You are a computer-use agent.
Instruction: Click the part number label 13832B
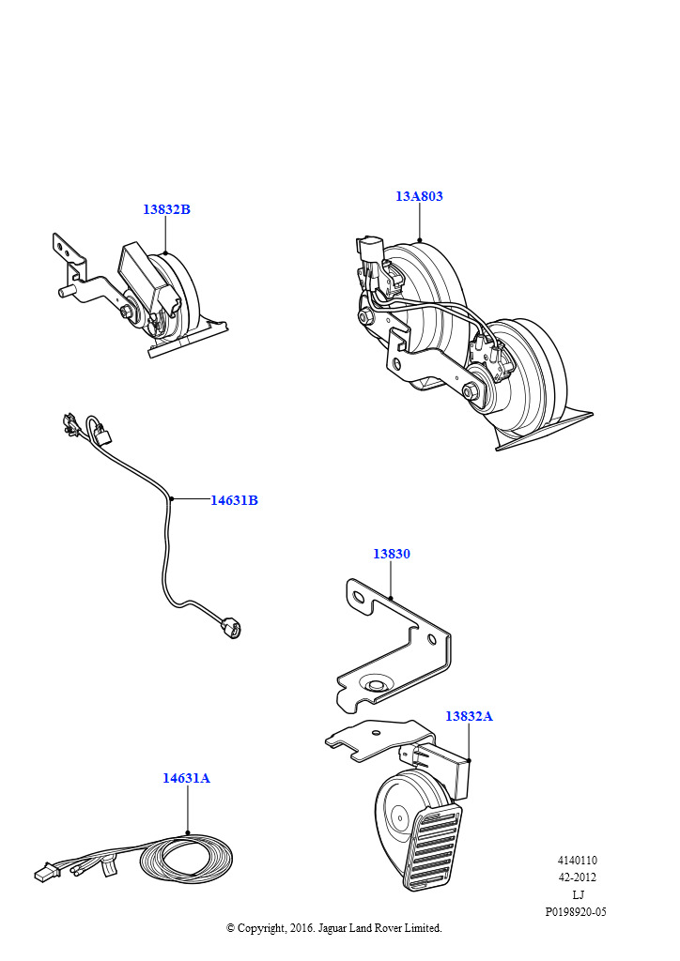[x=166, y=209]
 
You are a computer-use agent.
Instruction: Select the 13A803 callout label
[x=419, y=196]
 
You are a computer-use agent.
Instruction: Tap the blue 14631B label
[x=234, y=500]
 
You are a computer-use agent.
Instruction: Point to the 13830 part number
[x=392, y=554]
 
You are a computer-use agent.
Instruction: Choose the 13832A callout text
[x=469, y=716]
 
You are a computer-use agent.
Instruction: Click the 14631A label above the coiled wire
[x=186, y=778]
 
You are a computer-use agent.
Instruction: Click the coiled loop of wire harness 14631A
[x=186, y=858]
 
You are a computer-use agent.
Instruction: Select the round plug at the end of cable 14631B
[x=232, y=628]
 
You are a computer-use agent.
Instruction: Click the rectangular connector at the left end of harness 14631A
[x=43, y=873]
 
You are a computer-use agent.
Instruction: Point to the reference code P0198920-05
[x=576, y=912]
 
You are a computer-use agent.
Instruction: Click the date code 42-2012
[x=577, y=877]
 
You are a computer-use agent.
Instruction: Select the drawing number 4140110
[x=577, y=860]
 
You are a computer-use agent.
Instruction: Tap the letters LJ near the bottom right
[x=578, y=894]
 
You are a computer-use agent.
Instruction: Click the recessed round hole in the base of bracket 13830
[x=372, y=684]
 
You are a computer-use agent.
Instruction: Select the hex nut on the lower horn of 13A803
[x=472, y=391]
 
